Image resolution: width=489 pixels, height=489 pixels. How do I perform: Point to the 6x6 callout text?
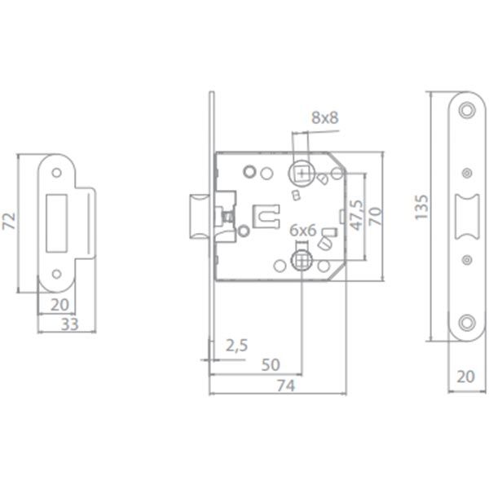tap(302, 231)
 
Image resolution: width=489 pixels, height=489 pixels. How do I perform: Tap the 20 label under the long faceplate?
tap(465, 377)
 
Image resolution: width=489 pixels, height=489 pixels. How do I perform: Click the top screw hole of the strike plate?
tap(58, 173)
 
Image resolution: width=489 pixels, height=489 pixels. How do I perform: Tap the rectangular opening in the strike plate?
tap(59, 221)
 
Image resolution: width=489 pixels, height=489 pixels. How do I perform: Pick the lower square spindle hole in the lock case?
tap(302, 261)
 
